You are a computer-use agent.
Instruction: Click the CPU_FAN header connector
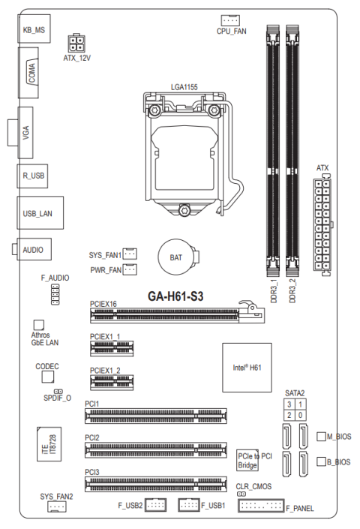tap(230, 20)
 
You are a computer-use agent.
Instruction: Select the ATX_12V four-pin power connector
tap(76, 44)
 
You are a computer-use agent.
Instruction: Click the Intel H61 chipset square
tap(247, 368)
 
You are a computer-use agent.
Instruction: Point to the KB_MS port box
tap(34, 29)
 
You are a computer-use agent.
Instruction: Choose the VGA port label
tap(25, 133)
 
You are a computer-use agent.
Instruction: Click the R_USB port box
tap(33, 176)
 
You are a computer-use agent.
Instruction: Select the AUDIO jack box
tap(34, 249)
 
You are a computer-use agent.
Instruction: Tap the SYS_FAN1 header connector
tap(130, 254)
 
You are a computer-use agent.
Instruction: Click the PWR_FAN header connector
tap(130, 269)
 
